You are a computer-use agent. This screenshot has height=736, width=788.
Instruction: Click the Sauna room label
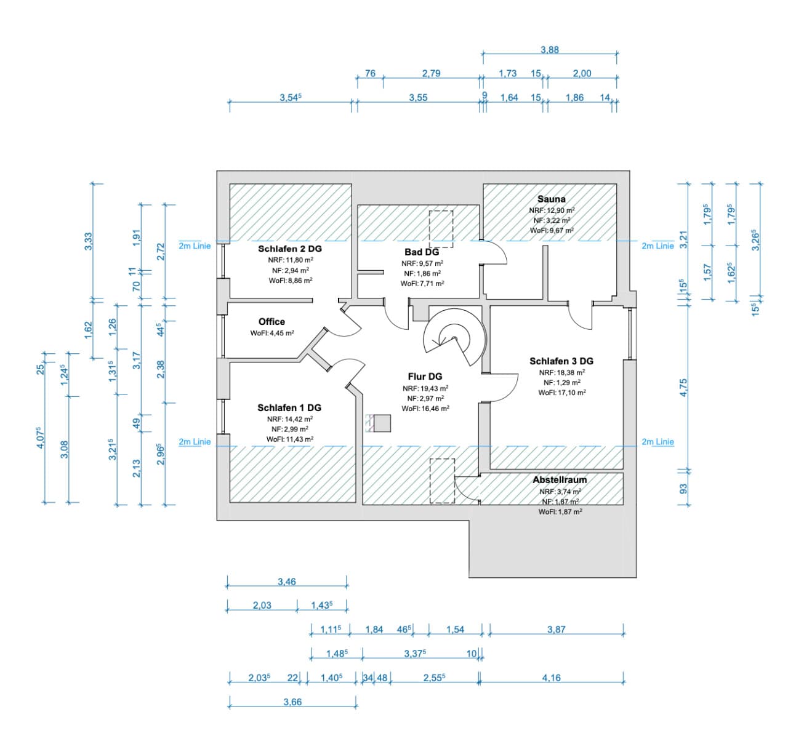pyautogui.click(x=551, y=199)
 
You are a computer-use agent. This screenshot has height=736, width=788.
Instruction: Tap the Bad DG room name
pyautogui.click(x=422, y=252)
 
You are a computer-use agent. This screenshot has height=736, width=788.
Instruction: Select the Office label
pyautogui.click(x=271, y=321)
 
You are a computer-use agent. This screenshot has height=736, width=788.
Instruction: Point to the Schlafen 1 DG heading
pyautogui.click(x=289, y=407)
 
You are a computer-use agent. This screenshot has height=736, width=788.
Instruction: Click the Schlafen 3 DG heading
pyautogui.click(x=561, y=361)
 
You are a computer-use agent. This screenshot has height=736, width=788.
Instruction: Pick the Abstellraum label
pyautogui.click(x=560, y=479)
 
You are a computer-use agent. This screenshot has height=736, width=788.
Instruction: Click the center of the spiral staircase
pyautogui.click(x=454, y=338)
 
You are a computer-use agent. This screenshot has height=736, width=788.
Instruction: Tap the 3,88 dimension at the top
pyautogui.click(x=550, y=50)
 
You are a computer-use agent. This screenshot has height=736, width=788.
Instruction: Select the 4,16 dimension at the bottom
pyautogui.click(x=552, y=678)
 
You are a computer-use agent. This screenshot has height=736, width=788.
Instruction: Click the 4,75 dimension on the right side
pyautogui.click(x=683, y=388)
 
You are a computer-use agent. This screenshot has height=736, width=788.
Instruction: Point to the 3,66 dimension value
pyautogui.click(x=292, y=702)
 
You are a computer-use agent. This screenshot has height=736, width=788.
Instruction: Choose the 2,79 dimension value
pyautogui.click(x=432, y=73)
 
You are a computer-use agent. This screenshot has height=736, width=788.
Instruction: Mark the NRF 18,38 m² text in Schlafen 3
pyautogui.click(x=562, y=372)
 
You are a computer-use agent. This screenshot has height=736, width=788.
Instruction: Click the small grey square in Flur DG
pyautogui.click(x=382, y=423)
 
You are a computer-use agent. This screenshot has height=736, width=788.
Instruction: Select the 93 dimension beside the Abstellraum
pyautogui.click(x=683, y=489)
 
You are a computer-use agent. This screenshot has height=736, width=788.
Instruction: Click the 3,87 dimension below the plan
pyautogui.click(x=557, y=630)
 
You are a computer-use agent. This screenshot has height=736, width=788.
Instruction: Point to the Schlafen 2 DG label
pyautogui.click(x=290, y=249)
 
